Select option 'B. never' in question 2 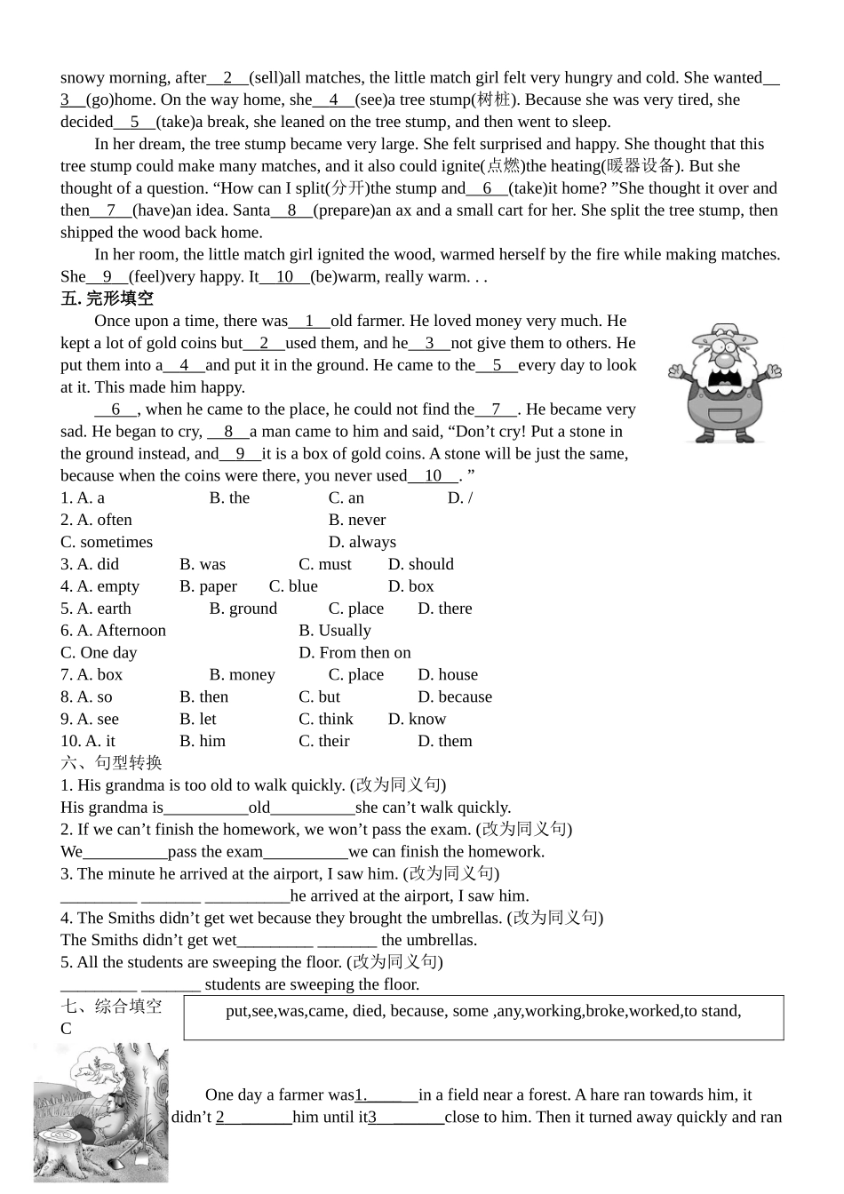357,520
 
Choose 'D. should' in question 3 420,564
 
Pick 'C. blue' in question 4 293,586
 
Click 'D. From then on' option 354,653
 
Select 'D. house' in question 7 448,675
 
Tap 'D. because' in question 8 455,697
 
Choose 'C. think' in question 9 325,720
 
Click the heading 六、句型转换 111,763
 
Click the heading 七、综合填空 111,1006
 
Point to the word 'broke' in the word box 605,1011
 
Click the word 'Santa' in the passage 251,211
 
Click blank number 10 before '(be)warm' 284,276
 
